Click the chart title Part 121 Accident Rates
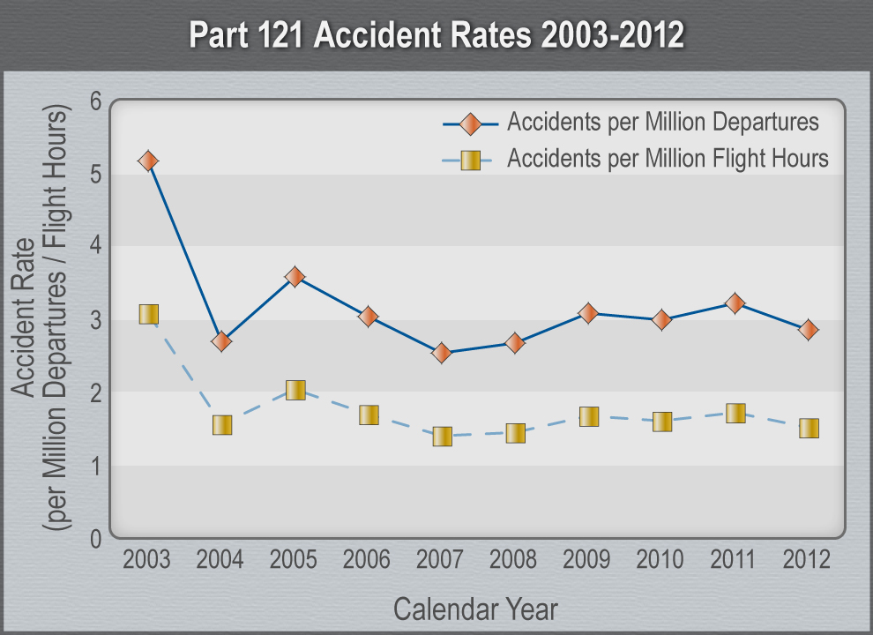click(x=436, y=35)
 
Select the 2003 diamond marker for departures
click(x=148, y=161)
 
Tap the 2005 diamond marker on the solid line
click(x=295, y=277)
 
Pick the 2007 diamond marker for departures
click(x=442, y=353)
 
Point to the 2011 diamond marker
click(x=735, y=303)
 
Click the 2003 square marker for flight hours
click(x=148, y=314)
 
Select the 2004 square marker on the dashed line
click(x=221, y=425)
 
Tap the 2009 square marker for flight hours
click(x=589, y=416)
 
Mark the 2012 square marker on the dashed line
click(x=809, y=429)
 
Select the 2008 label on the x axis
click(x=514, y=559)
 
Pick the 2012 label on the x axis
click(x=807, y=559)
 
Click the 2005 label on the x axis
click(x=294, y=559)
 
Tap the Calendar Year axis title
click(x=475, y=609)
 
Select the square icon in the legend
click(x=470, y=161)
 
